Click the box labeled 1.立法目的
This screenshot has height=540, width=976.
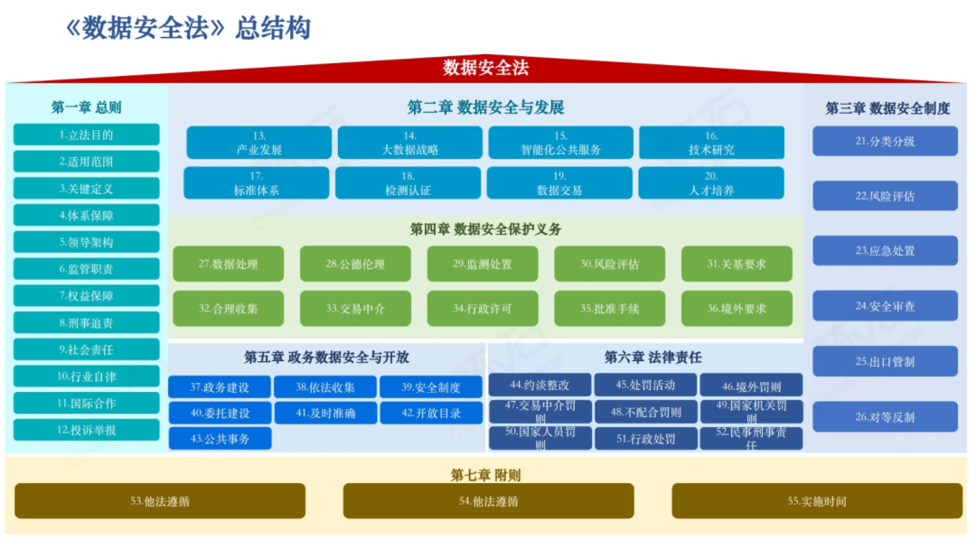pos(87,135)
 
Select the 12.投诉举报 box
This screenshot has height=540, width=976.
pos(87,430)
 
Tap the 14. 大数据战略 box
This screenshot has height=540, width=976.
pos(409,143)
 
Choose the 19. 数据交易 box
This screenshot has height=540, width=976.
pos(559,183)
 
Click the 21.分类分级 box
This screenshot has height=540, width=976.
pos(885,141)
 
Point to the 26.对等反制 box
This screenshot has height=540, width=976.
pos(885,417)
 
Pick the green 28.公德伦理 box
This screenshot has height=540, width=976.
pos(355,264)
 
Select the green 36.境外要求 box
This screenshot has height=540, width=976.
pos(737,309)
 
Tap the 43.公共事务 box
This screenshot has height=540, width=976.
pos(220,439)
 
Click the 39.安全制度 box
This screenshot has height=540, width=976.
pos(431,387)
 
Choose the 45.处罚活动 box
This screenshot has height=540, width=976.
pos(645,385)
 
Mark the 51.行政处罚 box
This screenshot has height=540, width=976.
pos(645,439)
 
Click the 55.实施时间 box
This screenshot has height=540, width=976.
pos(817,501)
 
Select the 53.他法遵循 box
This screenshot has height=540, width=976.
pos(160,501)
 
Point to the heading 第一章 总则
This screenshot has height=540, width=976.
pos(87,107)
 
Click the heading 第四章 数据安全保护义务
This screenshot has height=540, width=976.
pos(485,229)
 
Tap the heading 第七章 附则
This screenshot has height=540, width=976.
pos(485,475)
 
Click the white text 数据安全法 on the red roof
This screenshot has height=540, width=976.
pos(486,67)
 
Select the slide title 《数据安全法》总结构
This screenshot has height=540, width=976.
pos(188,28)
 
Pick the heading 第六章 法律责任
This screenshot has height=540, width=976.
pos(652,358)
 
